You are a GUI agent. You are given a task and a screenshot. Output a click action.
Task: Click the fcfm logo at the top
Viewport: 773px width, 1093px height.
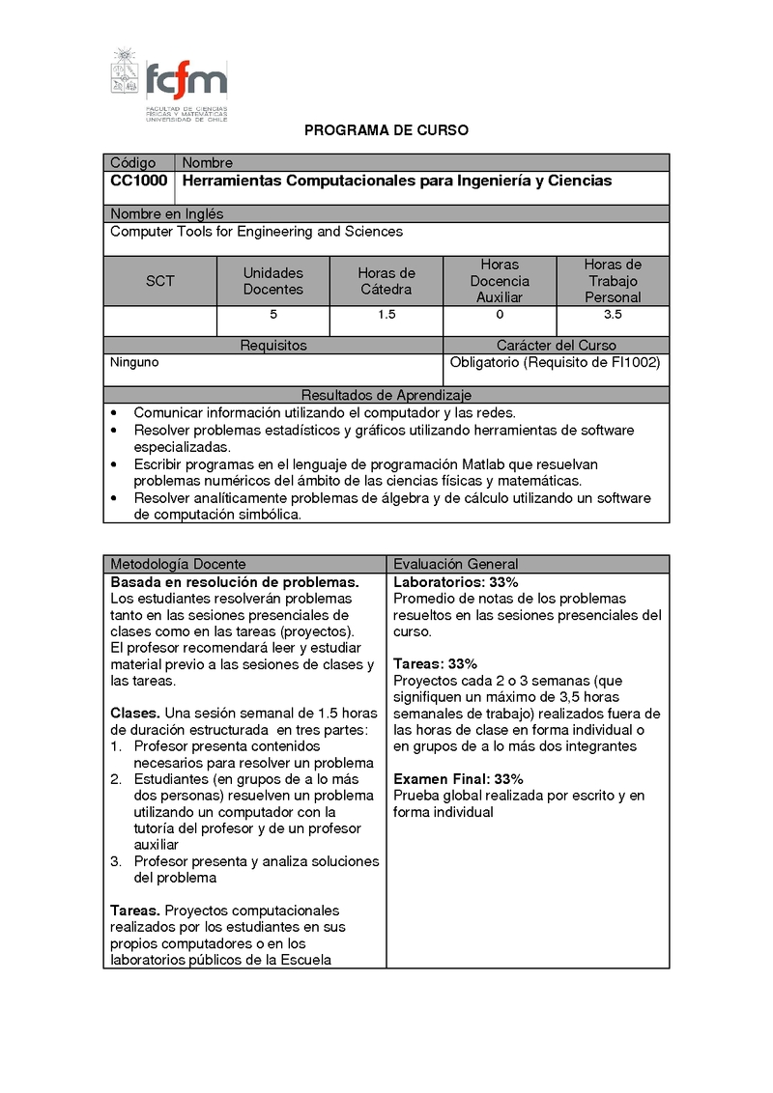(x=170, y=85)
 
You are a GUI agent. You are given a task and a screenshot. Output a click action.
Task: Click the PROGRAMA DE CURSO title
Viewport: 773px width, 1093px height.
(x=386, y=130)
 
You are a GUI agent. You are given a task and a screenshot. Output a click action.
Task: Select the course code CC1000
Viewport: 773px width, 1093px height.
(x=138, y=181)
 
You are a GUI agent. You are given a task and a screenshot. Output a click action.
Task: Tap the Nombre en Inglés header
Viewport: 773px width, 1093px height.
(x=166, y=213)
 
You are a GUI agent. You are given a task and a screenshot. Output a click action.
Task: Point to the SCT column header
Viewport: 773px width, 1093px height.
(x=160, y=281)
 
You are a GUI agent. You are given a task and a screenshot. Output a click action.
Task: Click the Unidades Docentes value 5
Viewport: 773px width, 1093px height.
(x=273, y=316)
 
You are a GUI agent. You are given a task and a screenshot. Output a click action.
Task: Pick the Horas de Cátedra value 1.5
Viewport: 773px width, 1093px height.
(x=386, y=316)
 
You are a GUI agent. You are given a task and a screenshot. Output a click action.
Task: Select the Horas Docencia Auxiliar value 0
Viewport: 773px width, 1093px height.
(x=500, y=316)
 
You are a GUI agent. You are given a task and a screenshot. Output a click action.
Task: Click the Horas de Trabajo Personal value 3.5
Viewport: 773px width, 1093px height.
(x=613, y=316)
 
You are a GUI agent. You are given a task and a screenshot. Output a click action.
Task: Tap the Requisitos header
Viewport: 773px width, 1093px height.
(x=273, y=345)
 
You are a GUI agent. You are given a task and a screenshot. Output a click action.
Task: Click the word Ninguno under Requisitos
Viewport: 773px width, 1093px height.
(x=134, y=363)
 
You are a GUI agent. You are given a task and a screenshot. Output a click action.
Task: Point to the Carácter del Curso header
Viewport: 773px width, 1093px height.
(x=556, y=345)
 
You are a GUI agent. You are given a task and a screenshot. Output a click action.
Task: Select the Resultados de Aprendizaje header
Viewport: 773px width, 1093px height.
(x=386, y=395)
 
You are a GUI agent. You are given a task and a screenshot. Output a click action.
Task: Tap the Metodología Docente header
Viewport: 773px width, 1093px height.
(x=178, y=564)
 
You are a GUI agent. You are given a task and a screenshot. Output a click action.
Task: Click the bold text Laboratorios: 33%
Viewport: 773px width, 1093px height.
(x=455, y=582)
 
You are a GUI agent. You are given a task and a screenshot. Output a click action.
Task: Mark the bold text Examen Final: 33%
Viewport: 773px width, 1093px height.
(x=458, y=779)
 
